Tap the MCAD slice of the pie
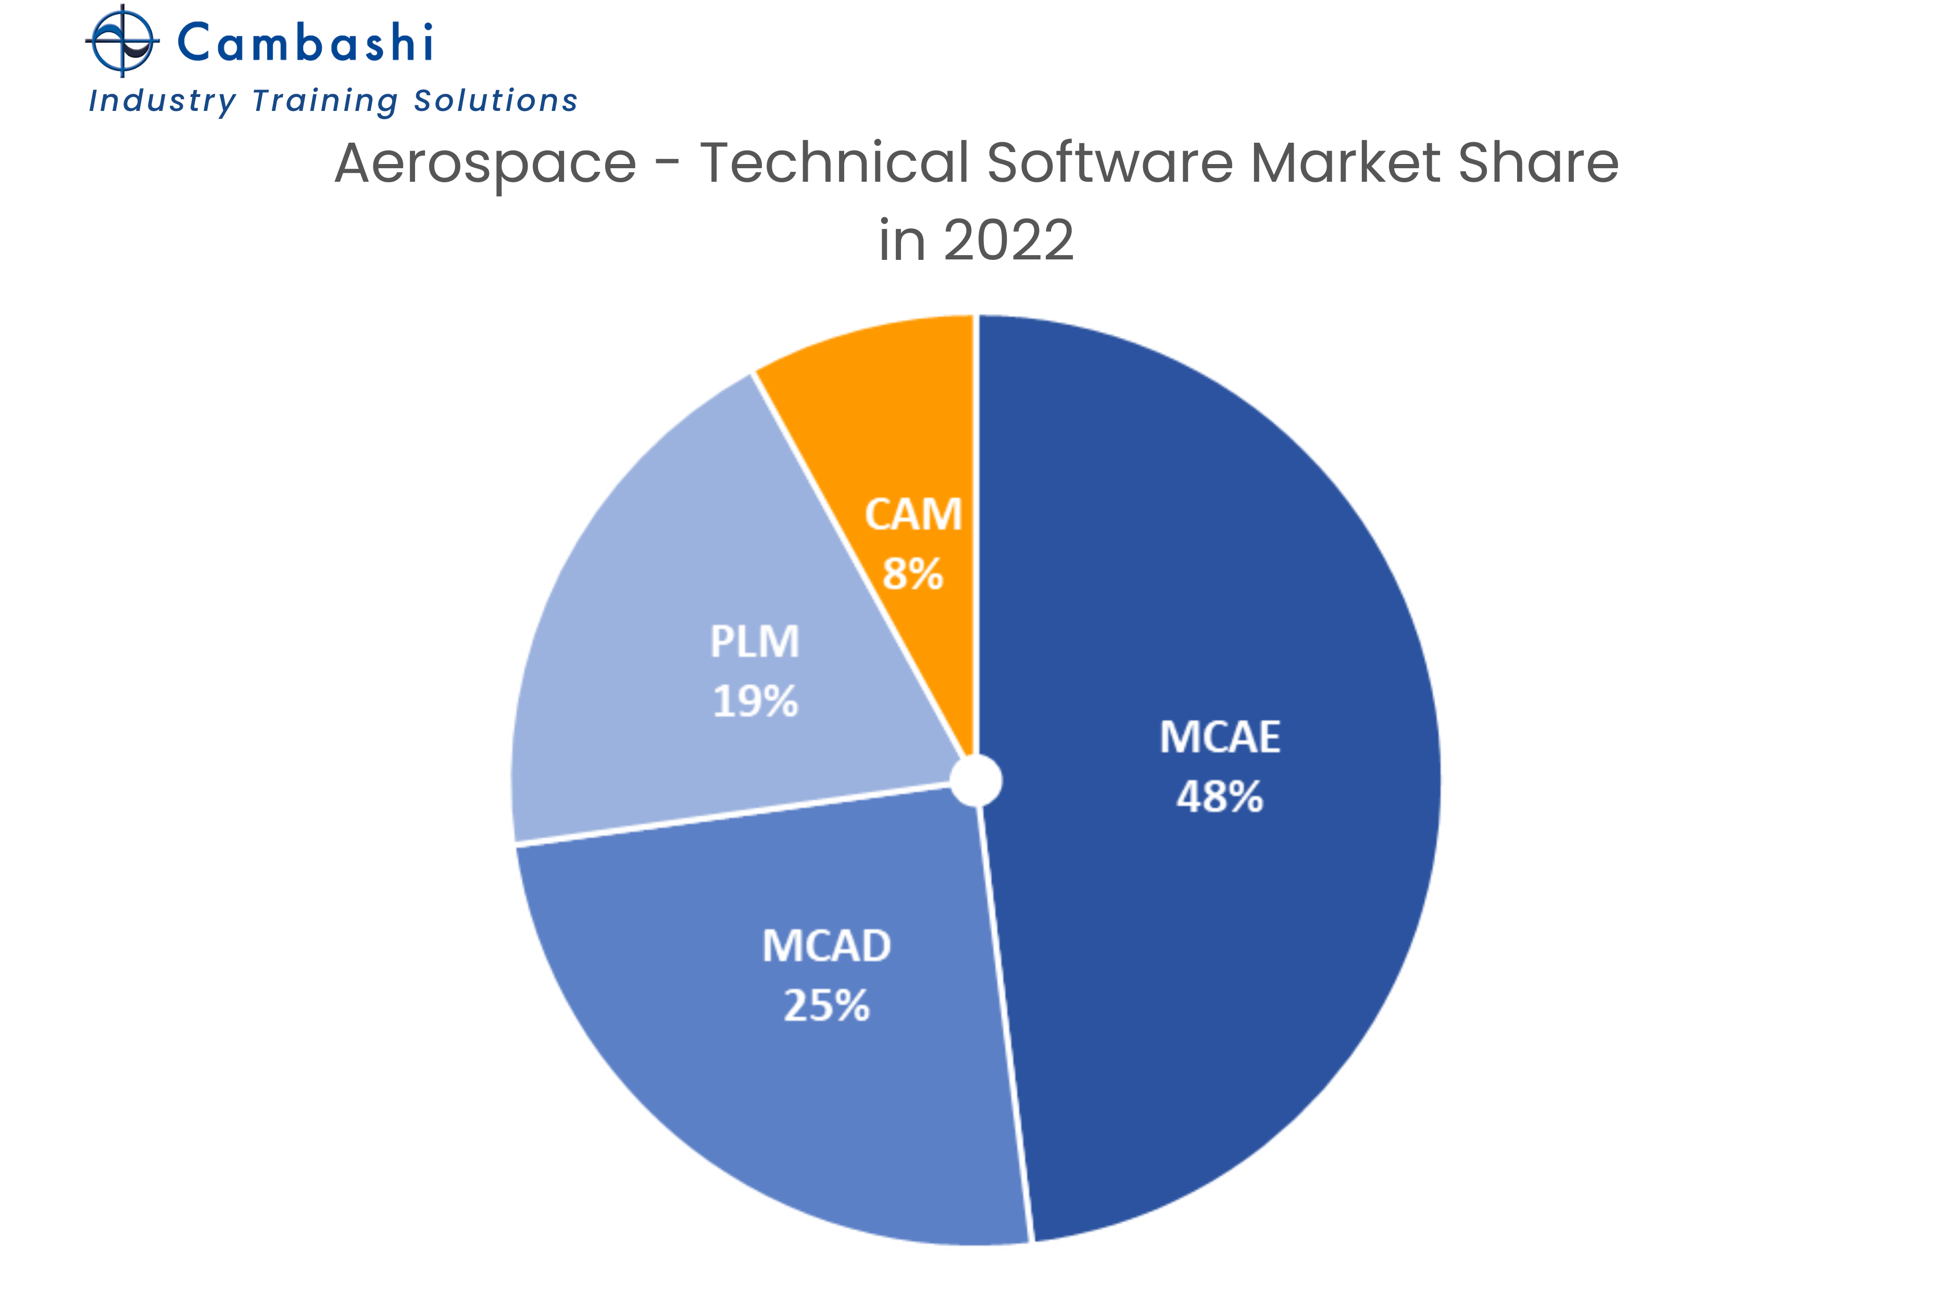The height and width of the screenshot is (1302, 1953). (747, 1063)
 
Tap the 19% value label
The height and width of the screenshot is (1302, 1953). (755, 702)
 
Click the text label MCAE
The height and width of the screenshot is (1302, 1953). (1219, 736)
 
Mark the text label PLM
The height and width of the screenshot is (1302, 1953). (755, 642)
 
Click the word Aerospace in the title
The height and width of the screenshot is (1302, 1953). (486, 162)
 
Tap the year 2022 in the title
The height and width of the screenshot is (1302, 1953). (1008, 241)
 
